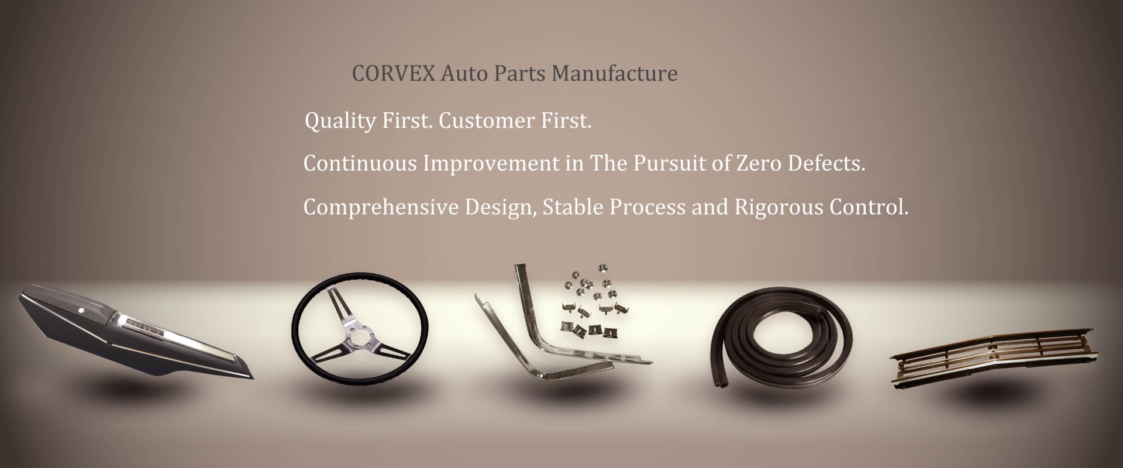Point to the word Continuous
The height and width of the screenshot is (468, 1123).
(x=360, y=164)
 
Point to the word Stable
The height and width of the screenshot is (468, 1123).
(x=571, y=207)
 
